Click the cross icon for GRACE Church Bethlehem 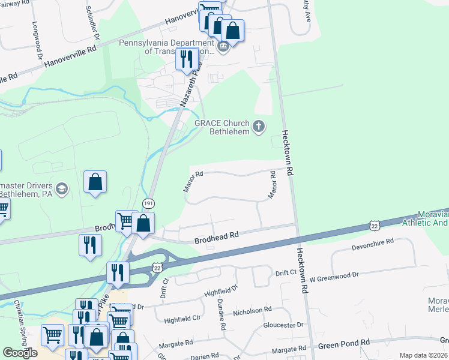point(259,126)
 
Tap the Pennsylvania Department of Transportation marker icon point(223,47)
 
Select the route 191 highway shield point(146,205)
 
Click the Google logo point(20,353)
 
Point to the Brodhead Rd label point(217,238)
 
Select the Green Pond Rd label point(344,344)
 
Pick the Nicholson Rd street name point(252,311)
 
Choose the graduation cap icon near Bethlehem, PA point(61,190)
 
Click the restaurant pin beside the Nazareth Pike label point(186,59)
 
